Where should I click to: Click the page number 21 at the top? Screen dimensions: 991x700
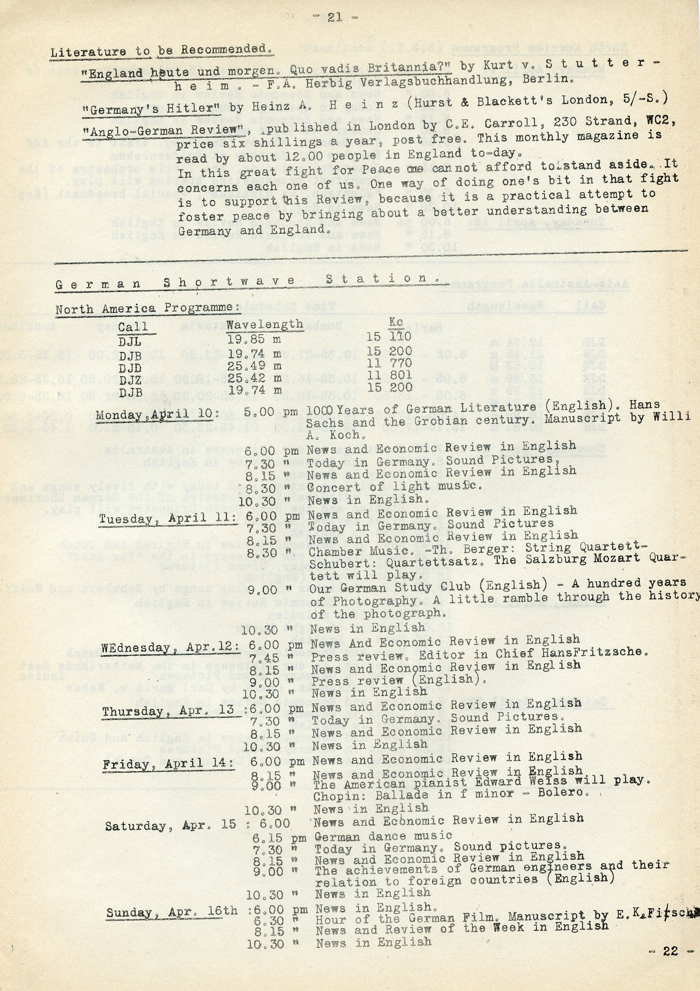335,18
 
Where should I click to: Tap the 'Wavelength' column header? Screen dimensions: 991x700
264,324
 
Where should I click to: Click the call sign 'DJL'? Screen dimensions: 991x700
130,342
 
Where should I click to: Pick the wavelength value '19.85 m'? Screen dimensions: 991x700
254,340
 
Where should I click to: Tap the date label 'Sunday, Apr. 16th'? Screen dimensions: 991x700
172,912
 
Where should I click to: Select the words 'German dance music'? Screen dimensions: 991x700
383,836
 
